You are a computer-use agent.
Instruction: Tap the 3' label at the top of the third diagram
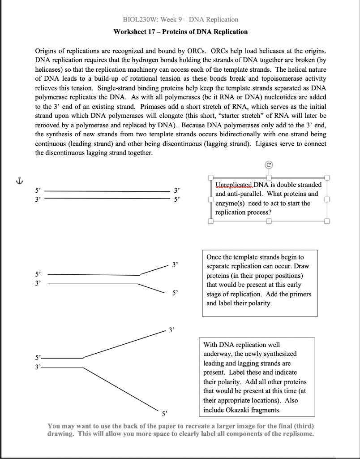pyautogui.click(x=172, y=330)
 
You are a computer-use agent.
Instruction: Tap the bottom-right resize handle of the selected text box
pyautogui.click(x=327, y=221)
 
